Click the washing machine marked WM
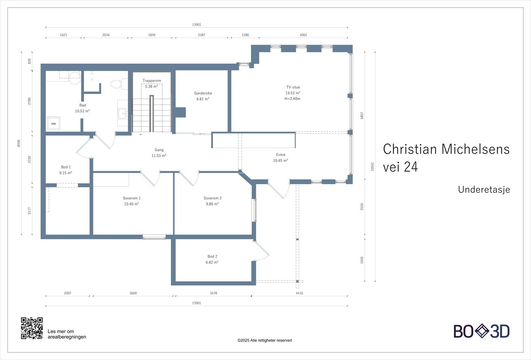point(53,123)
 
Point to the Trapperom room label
point(152,81)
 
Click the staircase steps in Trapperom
point(152,114)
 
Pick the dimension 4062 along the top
point(303,35)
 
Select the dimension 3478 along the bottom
point(213,293)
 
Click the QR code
point(32,328)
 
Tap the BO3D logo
point(482,331)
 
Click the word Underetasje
point(484,189)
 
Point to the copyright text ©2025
point(265,340)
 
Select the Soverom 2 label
point(212,198)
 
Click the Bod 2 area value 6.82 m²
point(212,262)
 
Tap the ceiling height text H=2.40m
point(292,99)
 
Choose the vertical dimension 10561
point(372,166)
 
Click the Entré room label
point(280,155)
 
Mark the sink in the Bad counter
point(123,114)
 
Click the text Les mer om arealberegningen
point(67,334)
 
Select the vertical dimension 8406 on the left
point(19,143)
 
